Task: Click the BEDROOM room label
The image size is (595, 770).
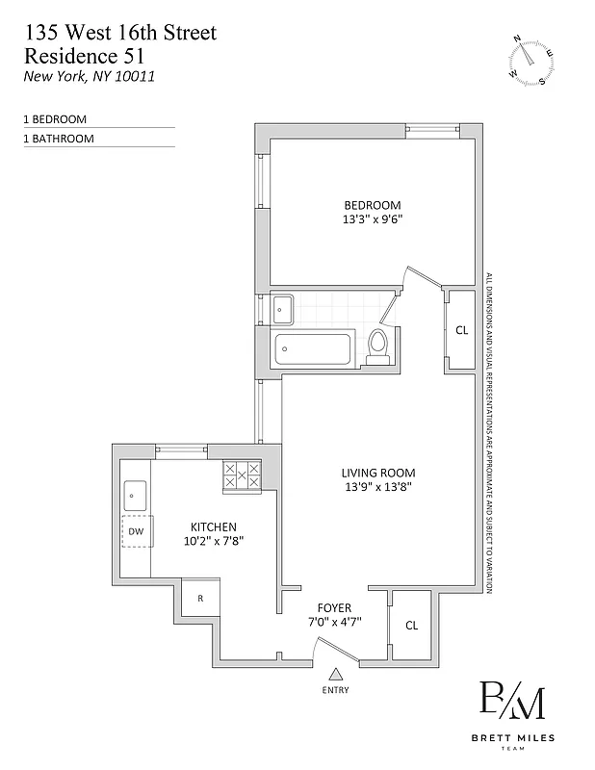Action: click(373, 205)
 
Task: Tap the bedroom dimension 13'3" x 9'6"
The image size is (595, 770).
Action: click(373, 219)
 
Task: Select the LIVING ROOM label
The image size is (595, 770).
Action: click(378, 473)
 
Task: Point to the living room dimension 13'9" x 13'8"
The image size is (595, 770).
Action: click(378, 487)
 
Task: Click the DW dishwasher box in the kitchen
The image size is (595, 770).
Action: click(136, 531)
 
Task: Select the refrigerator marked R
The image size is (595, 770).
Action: click(200, 598)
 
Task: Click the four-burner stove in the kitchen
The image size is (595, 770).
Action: click(242, 475)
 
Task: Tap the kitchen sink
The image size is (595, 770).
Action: click(134, 496)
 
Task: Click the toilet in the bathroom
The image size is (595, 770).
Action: click(378, 346)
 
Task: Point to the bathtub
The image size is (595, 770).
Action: click(316, 348)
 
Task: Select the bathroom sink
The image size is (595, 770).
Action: click(283, 308)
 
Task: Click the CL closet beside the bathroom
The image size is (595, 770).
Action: click(461, 330)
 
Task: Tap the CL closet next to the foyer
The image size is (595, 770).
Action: click(411, 626)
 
